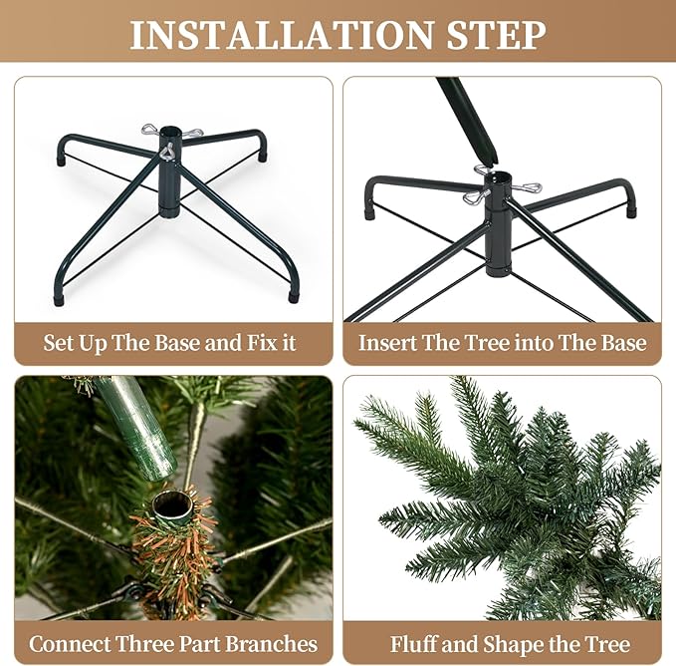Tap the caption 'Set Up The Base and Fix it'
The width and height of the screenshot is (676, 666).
pos(169,343)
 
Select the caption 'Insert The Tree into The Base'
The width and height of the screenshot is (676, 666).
pos(502,343)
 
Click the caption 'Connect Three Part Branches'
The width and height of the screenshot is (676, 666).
pos(173,643)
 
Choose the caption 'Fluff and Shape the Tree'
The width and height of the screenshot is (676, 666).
pos(510,643)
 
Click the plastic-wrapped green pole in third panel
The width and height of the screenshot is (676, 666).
pos(139,424)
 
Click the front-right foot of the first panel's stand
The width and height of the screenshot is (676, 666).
pos(294,295)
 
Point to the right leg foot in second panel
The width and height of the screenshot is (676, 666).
pos(630,210)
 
